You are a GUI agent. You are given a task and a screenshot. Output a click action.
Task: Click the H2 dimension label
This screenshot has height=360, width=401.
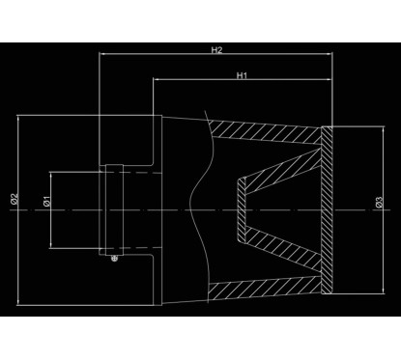(217, 49)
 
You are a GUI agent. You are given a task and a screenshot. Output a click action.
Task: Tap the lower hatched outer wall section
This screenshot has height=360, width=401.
(266, 284)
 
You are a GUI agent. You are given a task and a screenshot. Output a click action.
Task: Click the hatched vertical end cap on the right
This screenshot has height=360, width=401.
(328, 208)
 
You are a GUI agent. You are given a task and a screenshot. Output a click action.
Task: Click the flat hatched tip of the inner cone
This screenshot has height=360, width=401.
(241, 207)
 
